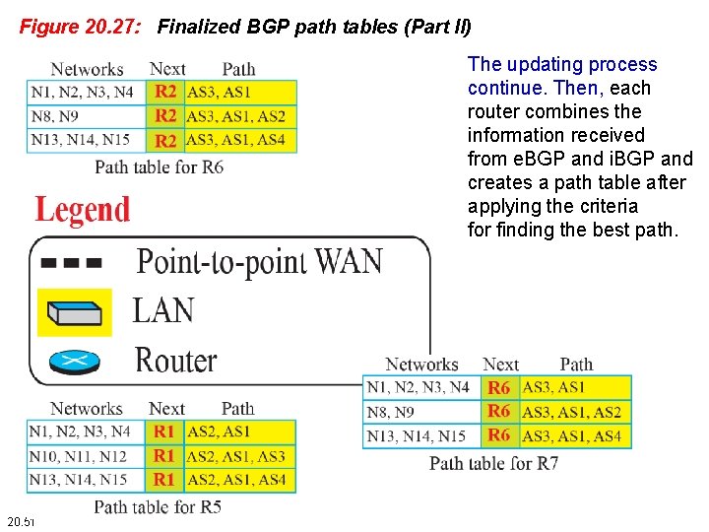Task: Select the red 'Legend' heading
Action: click(x=83, y=210)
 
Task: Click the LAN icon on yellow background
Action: click(x=75, y=312)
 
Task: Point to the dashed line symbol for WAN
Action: click(x=72, y=263)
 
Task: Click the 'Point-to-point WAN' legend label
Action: click(x=259, y=262)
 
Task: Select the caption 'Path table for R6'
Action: click(x=159, y=166)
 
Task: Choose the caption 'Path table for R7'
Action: click(x=493, y=462)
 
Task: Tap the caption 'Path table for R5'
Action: click(x=158, y=506)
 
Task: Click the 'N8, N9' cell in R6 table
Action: click(x=55, y=116)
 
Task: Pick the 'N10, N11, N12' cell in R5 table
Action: click(x=78, y=456)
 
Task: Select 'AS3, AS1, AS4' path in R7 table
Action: click(x=572, y=435)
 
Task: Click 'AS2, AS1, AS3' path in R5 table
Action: click(x=236, y=456)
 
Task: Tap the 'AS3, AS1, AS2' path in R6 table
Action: click(x=235, y=116)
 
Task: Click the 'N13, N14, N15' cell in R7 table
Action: click(x=417, y=435)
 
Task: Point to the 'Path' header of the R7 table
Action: click(x=576, y=366)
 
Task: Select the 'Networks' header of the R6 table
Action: click(x=87, y=69)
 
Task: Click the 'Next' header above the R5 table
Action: click(x=166, y=409)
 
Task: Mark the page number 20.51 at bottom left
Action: click(x=20, y=520)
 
